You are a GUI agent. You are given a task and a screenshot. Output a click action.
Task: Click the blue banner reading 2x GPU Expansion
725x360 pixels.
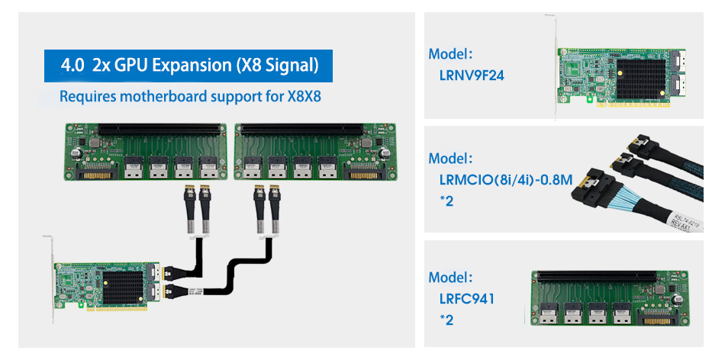point(188,65)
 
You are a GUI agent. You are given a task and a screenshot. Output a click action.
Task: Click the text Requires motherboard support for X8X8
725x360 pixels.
point(190,97)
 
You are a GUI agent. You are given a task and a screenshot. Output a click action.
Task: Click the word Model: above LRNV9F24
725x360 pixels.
point(450,54)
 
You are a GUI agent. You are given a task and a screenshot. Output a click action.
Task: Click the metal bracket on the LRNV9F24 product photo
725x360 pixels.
point(554,69)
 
